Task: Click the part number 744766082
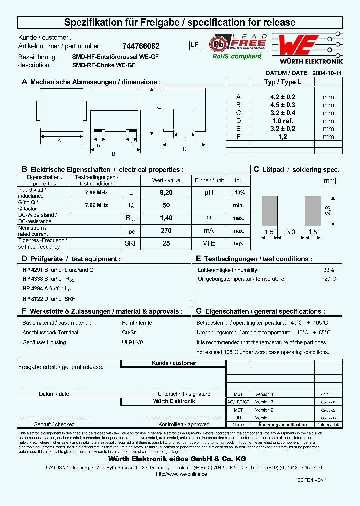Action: (x=141, y=45)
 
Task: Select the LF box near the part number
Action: (x=194, y=45)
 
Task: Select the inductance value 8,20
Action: (x=166, y=192)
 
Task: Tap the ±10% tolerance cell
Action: (x=238, y=192)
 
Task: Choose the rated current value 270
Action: (x=166, y=231)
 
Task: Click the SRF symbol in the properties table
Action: (x=131, y=243)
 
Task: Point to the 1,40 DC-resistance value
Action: (x=166, y=218)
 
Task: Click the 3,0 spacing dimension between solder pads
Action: (x=291, y=232)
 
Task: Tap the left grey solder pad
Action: (x=269, y=209)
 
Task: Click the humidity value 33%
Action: (x=329, y=270)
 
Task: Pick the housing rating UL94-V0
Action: (x=132, y=342)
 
